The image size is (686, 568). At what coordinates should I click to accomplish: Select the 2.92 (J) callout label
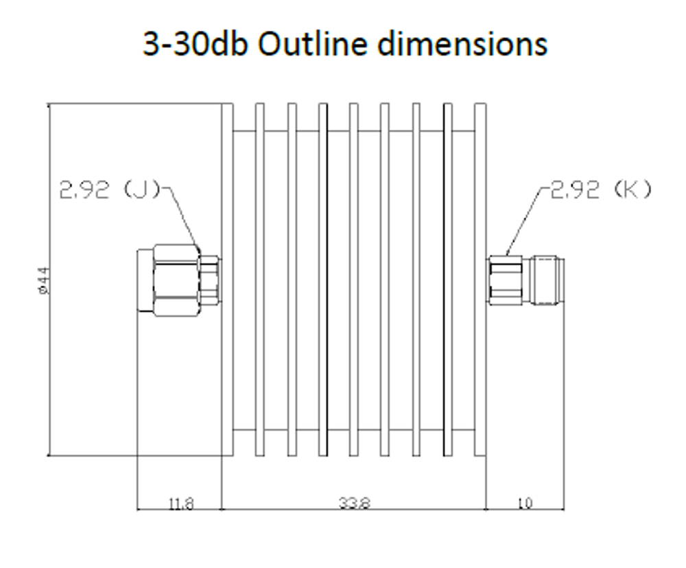coord(109,190)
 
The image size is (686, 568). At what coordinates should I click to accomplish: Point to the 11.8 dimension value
coord(180,503)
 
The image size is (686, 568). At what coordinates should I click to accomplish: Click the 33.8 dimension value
coord(354,503)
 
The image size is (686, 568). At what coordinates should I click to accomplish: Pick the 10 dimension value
coord(524,503)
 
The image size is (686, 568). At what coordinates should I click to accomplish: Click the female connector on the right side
coord(525,280)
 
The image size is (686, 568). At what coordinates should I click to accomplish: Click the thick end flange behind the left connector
coord(228,343)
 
